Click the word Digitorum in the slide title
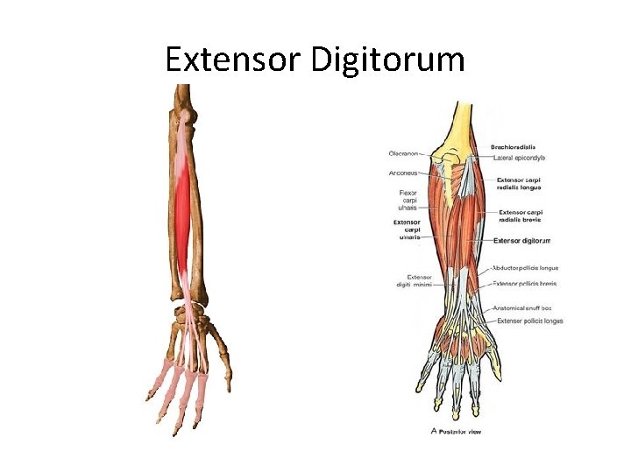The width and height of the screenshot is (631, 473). click(x=385, y=60)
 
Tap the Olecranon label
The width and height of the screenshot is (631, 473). click(x=404, y=154)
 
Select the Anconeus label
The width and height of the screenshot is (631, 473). click(x=403, y=173)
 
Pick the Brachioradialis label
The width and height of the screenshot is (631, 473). click(x=513, y=147)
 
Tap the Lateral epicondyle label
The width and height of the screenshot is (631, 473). click(x=519, y=158)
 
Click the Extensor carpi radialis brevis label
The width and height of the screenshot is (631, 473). click(x=521, y=215)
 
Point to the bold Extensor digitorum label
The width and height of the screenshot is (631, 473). click(x=521, y=240)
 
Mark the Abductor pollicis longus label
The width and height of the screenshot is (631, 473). click(x=525, y=268)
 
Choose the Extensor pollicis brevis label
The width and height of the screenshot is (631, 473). click(x=525, y=283)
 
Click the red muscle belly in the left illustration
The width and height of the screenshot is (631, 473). click(x=183, y=210)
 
